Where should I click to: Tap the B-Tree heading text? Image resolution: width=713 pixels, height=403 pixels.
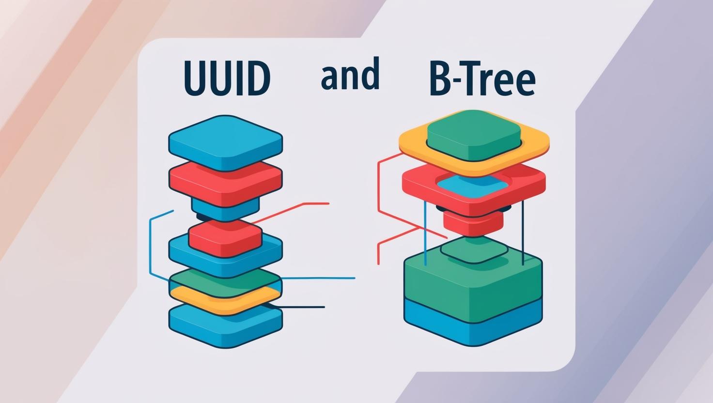click(x=482, y=80)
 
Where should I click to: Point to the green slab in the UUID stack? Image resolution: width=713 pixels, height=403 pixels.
click(x=225, y=279)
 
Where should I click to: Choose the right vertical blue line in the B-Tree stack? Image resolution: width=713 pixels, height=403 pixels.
click(x=523, y=232)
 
